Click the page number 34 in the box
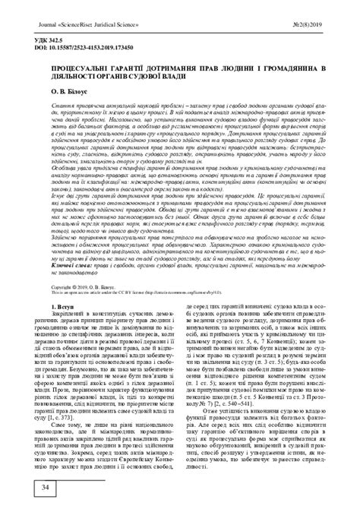pos(25,485)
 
